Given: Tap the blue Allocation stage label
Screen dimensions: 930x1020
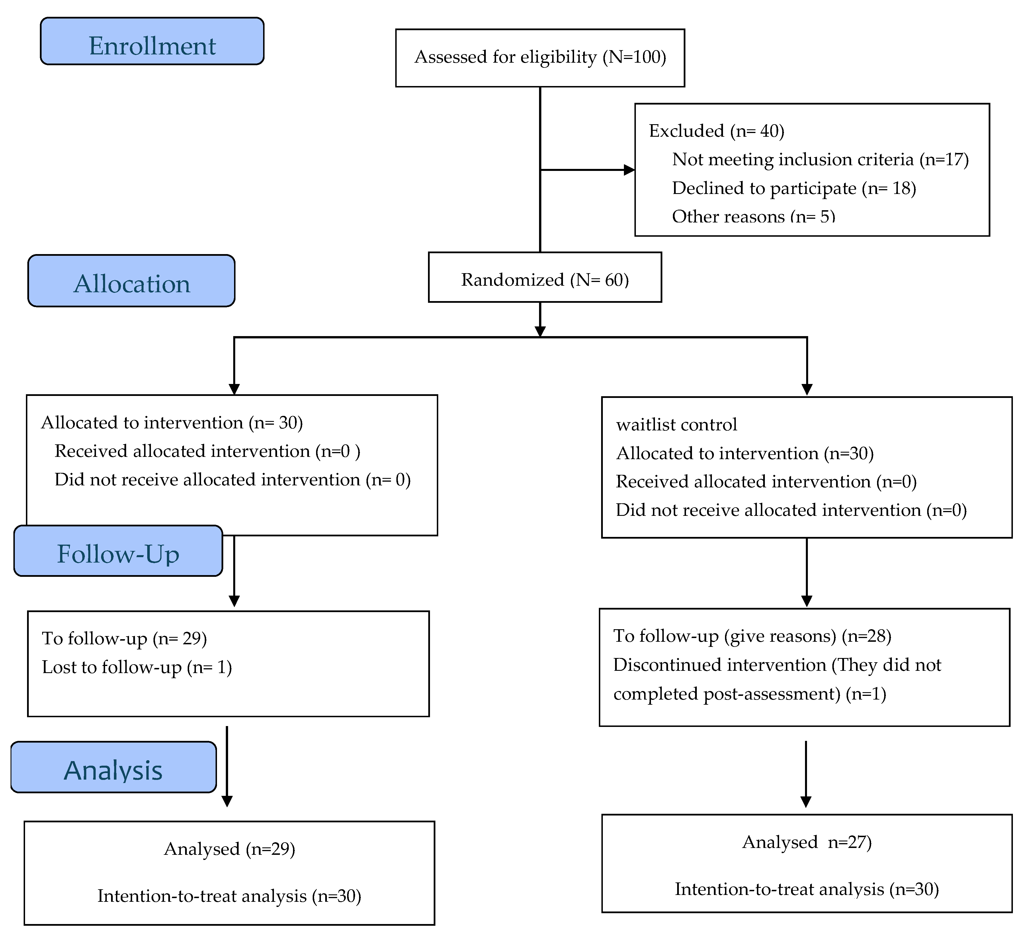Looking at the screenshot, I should coord(132,281).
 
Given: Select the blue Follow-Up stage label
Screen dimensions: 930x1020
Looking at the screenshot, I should coord(118,551).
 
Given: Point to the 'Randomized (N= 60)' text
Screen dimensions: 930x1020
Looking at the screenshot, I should coord(544,280).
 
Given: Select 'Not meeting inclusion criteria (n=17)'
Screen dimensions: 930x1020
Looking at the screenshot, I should coord(820,160).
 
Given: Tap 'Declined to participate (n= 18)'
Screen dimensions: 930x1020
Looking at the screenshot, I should coord(793,188).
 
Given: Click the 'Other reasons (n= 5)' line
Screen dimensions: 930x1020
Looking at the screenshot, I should coord(753,216).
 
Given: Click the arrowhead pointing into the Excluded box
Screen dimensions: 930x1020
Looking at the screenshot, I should coord(629,170).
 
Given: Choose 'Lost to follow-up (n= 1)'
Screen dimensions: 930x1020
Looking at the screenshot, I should coord(137,667).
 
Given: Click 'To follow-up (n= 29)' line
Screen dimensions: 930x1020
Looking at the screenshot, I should coord(124,639).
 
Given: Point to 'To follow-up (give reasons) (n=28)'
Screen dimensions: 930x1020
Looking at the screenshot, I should coord(752,636).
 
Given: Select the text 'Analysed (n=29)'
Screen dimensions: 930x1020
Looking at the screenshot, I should coord(229,849).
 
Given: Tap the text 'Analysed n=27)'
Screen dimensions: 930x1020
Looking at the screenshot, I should coord(806,842).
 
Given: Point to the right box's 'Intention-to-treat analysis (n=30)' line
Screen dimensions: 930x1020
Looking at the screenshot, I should coord(806,889).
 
